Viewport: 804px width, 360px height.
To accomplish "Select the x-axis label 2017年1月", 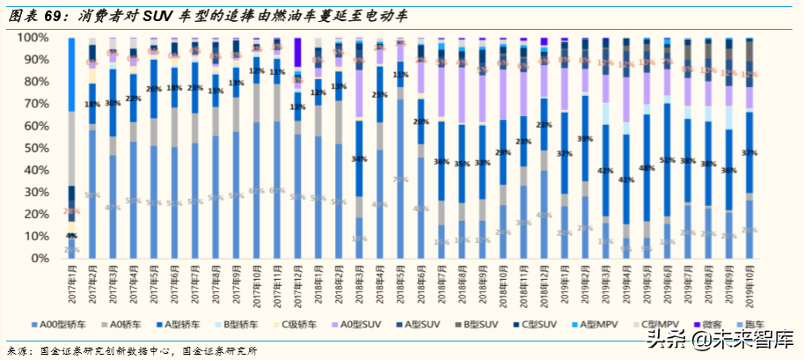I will coord(70,283).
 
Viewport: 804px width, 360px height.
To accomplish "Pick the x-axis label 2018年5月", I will coord(400,283).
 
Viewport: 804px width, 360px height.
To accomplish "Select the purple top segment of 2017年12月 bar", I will coord(297,51).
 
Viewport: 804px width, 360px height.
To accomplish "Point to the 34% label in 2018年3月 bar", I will coord(359,159).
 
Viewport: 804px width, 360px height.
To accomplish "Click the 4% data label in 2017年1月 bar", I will coord(71,236).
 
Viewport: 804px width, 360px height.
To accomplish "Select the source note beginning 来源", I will coord(132,349).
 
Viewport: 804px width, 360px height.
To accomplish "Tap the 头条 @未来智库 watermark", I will coord(721,338).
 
